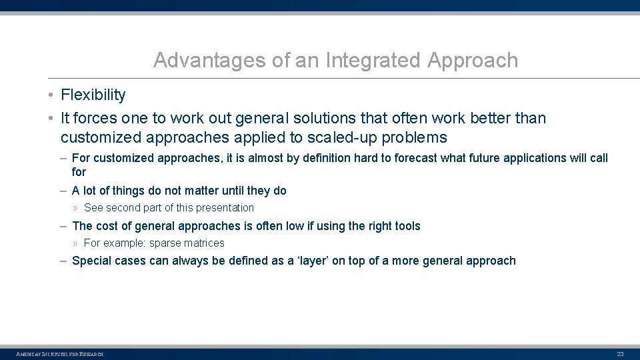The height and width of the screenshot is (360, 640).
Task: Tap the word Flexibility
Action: tap(93, 95)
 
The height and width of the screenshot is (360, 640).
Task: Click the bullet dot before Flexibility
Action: tap(51, 95)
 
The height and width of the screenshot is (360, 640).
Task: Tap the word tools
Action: tap(406, 226)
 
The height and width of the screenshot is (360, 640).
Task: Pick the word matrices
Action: tap(205, 243)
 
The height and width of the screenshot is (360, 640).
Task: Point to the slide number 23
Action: tap(620, 353)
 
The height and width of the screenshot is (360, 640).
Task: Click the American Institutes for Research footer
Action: tap(60, 353)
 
